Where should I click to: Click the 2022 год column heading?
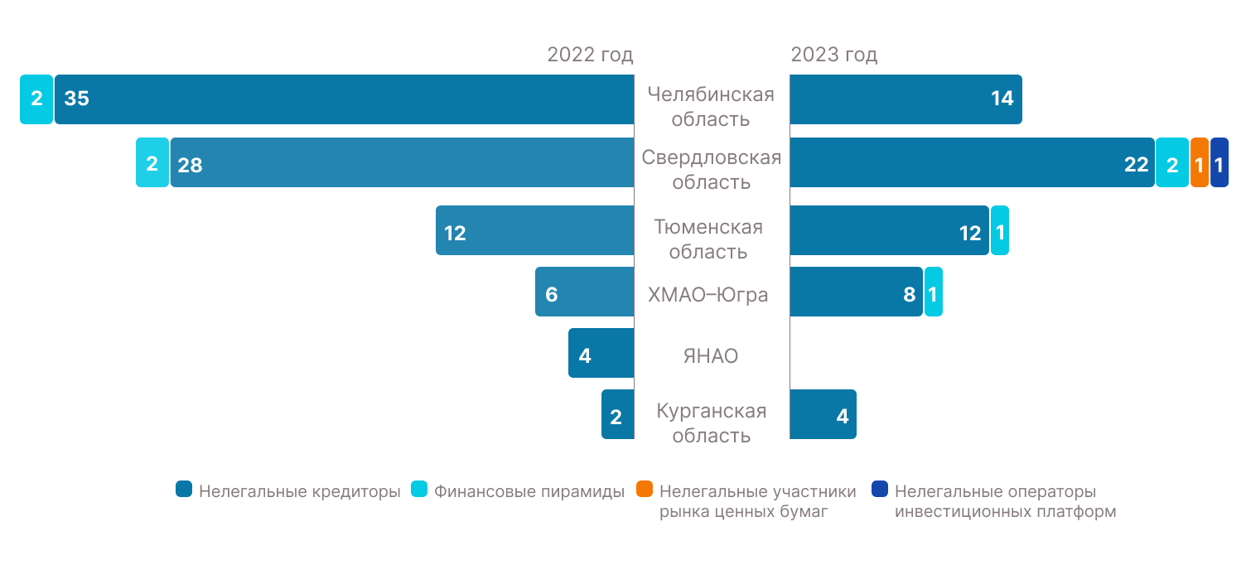(x=590, y=56)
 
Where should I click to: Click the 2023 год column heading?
(x=833, y=56)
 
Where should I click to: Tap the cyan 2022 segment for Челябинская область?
(x=36, y=99)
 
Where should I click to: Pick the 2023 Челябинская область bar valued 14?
(x=906, y=99)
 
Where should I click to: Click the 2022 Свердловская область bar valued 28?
(x=402, y=162)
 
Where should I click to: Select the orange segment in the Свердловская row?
(x=1199, y=163)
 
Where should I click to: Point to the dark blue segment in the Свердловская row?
(x=1219, y=163)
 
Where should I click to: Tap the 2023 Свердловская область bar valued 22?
(x=972, y=162)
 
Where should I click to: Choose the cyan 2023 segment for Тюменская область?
(x=999, y=230)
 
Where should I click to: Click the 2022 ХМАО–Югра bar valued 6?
(x=584, y=292)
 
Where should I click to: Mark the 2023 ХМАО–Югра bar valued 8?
(x=856, y=292)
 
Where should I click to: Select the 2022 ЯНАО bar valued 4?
(x=601, y=353)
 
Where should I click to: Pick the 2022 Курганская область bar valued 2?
(x=617, y=414)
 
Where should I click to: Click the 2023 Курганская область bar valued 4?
(x=823, y=414)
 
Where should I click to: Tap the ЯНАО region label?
(x=711, y=356)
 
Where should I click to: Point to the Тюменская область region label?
(x=708, y=239)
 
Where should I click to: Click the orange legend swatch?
(x=645, y=490)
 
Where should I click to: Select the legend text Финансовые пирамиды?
(x=529, y=491)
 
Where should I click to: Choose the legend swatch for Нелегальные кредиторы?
(x=184, y=490)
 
